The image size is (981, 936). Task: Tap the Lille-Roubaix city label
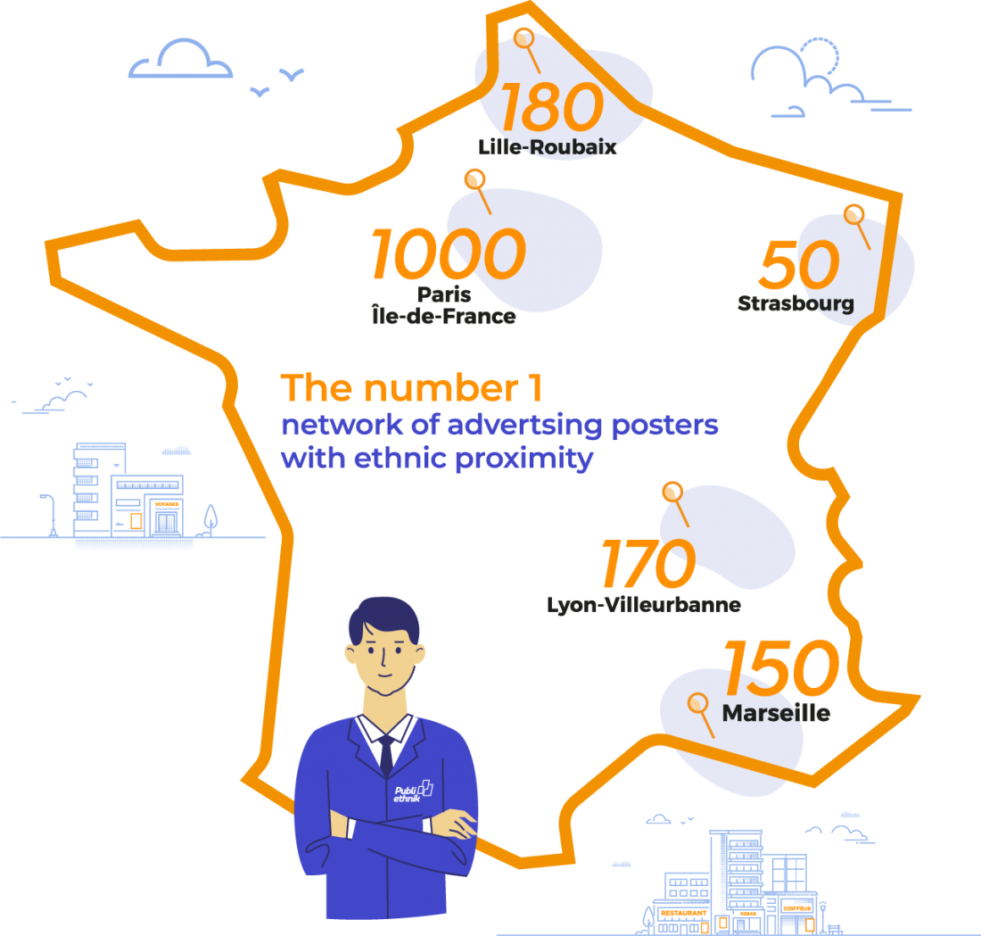click(548, 146)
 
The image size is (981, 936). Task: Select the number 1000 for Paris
click(448, 253)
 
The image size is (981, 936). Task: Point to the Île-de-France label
click(442, 315)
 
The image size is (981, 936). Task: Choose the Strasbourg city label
click(796, 303)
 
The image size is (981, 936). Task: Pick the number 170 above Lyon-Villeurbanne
click(647, 564)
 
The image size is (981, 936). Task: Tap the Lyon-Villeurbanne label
click(643, 604)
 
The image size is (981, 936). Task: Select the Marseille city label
click(776, 714)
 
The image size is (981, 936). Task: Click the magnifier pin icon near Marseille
click(698, 706)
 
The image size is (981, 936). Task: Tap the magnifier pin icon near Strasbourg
click(854, 215)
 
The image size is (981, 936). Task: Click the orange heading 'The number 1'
click(411, 389)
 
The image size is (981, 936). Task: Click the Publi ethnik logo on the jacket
click(413, 792)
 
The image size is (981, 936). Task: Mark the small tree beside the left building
click(210, 519)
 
